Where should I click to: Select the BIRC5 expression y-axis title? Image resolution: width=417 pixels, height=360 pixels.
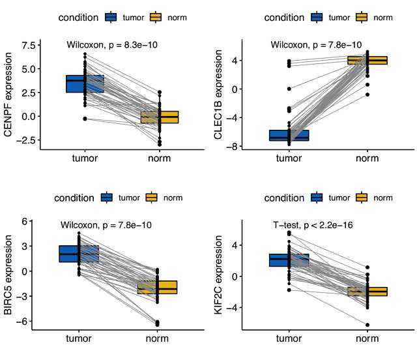[9, 277]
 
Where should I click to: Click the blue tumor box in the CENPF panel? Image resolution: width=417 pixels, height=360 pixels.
[85, 83]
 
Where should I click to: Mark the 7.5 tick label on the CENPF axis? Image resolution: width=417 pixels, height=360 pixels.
[29, 45]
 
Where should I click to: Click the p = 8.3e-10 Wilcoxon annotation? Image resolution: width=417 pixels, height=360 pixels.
[112, 45]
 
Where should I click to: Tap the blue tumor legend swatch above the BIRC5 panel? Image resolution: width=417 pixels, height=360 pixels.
[108, 198]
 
